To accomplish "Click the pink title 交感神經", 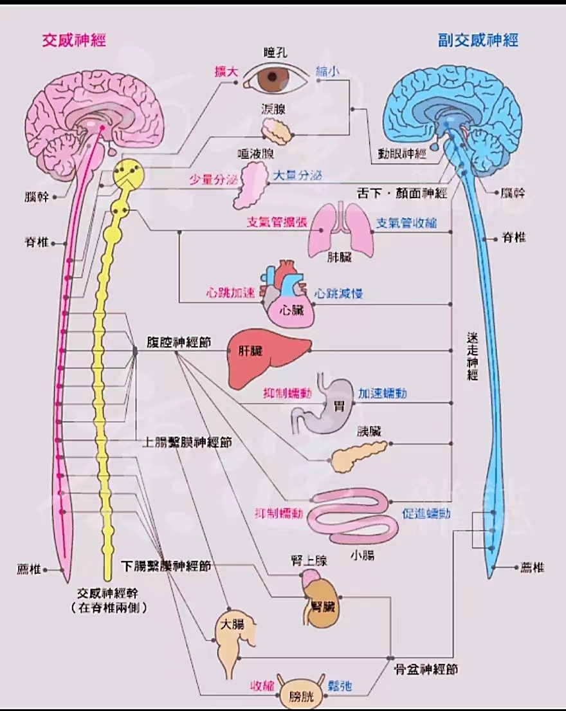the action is coord(74,41).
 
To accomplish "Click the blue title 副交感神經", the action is coord(478,41).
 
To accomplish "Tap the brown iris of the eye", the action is coord(272,77).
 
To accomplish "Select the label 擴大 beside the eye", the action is coord(226,71).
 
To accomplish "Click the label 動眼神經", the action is coord(403,154).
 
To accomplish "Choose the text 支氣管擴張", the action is coord(277,222).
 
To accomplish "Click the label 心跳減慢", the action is coord(338,293).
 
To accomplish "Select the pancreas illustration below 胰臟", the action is coord(359,456).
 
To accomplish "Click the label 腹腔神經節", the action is coord(179,342).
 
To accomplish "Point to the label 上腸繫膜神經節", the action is coord(187,442).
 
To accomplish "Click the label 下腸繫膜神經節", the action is coord(166,566).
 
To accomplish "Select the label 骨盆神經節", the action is coord(426,669).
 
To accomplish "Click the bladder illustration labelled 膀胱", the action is coord(302,692).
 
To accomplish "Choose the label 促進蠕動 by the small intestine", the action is coord(426,513).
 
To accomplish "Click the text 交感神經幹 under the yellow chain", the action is coord(107,593).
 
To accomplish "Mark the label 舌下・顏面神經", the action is coord(402,193).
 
